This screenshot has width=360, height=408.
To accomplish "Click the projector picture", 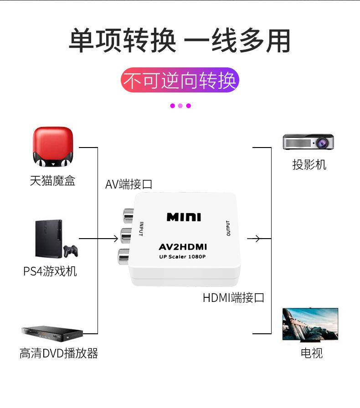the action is point(309,142).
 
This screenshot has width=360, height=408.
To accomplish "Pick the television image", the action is point(310,324).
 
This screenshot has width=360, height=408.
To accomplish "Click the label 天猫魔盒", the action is point(52,181).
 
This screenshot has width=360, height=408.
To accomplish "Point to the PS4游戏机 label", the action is point(50,271).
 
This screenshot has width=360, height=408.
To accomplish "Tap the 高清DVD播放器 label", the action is point(59,353).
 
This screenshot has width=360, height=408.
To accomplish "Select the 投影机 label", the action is point(309,164).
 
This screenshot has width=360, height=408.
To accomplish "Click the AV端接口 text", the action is point(129,184).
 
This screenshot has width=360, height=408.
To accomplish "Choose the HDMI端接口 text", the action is point(233,298).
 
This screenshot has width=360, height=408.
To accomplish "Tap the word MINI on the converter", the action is point(184,217).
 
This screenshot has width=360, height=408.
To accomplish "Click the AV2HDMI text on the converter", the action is point(183,247).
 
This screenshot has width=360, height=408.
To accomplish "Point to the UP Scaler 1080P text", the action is point(182,257).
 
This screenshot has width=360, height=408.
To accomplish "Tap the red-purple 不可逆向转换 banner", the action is point(180,81).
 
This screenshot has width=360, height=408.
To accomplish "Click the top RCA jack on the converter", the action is point(126,214).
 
